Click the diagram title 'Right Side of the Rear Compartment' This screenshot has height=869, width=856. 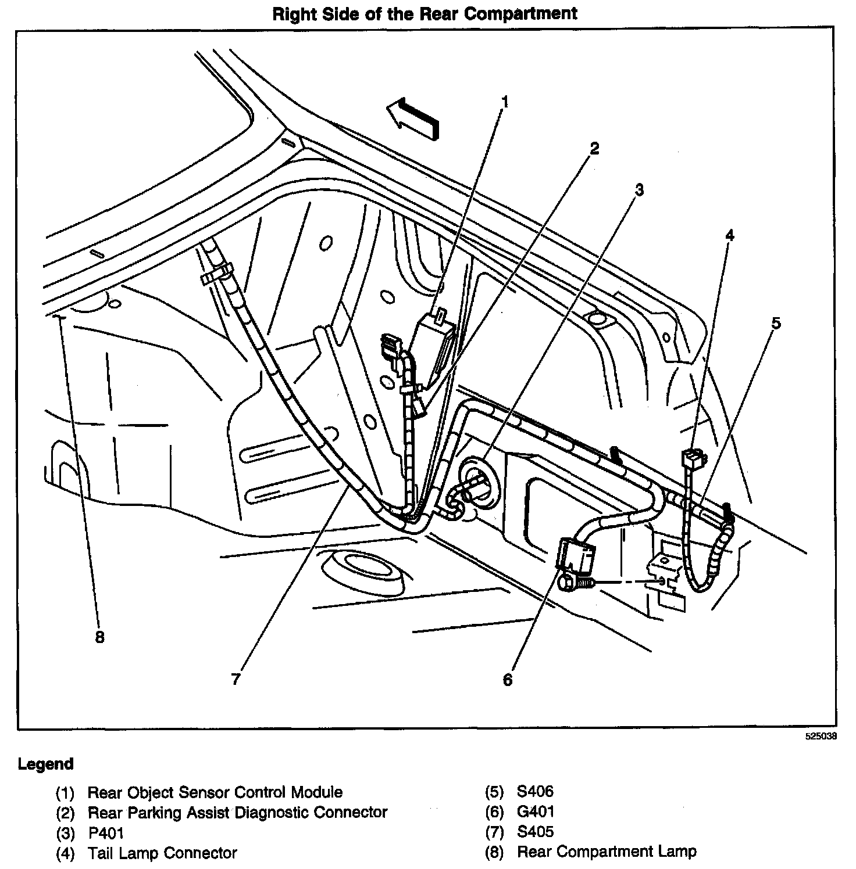[425, 13]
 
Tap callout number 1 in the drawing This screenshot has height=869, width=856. [505, 102]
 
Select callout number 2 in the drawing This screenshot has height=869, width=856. [594, 149]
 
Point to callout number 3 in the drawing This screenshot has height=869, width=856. [639, 189]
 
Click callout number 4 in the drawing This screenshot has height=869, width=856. [729, 235]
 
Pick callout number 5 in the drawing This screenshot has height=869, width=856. [776, 323]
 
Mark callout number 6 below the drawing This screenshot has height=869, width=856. [508, 679]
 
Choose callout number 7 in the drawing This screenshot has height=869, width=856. [236, 679]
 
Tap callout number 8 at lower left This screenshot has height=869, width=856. [99, 637]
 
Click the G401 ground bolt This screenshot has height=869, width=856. [574, 583]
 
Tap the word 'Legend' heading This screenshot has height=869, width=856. [46, 763]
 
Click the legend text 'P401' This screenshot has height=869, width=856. [106, 832]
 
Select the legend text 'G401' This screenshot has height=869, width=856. [536, 811]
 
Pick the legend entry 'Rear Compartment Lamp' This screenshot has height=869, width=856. [607, 852]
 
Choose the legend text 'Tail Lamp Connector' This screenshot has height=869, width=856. [162, 853]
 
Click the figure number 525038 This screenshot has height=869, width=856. [821, 736]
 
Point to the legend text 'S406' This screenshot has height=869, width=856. [536, 791]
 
